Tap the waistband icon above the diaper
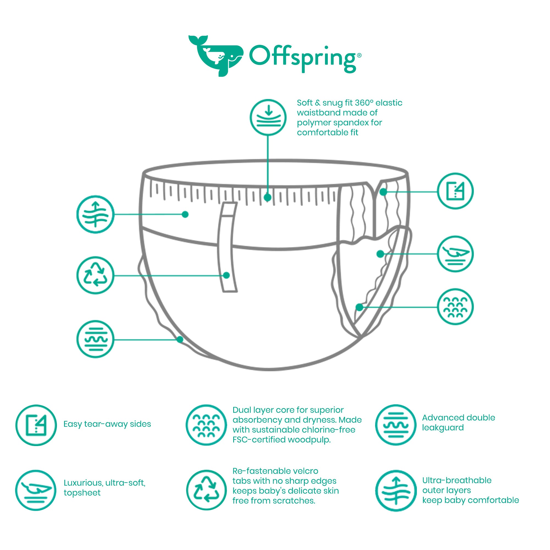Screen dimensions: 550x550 (x=268, y=117)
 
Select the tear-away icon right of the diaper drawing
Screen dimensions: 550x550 (x=455, y=191)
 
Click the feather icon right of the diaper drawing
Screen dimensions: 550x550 (x=455, y=254)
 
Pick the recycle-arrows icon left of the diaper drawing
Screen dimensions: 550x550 (x=95, y=275)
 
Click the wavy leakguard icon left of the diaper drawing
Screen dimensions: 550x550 (x=95, y=339)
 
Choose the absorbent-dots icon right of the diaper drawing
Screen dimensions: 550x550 (x=455, y=307)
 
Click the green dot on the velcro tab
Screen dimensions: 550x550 (x=226, y=275)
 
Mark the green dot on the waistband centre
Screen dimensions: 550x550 (x=267, y=197)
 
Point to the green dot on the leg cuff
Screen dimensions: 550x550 (x=180, y=339)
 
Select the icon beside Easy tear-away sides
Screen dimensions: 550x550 (x=36, y=425)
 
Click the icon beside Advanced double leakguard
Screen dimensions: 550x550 (x=396, y=425)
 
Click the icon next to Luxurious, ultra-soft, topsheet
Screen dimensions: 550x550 (x=36, y=490)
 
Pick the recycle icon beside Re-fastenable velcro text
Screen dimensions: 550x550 (x=207, y=490)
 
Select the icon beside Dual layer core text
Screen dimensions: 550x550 (x=207, y=425)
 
